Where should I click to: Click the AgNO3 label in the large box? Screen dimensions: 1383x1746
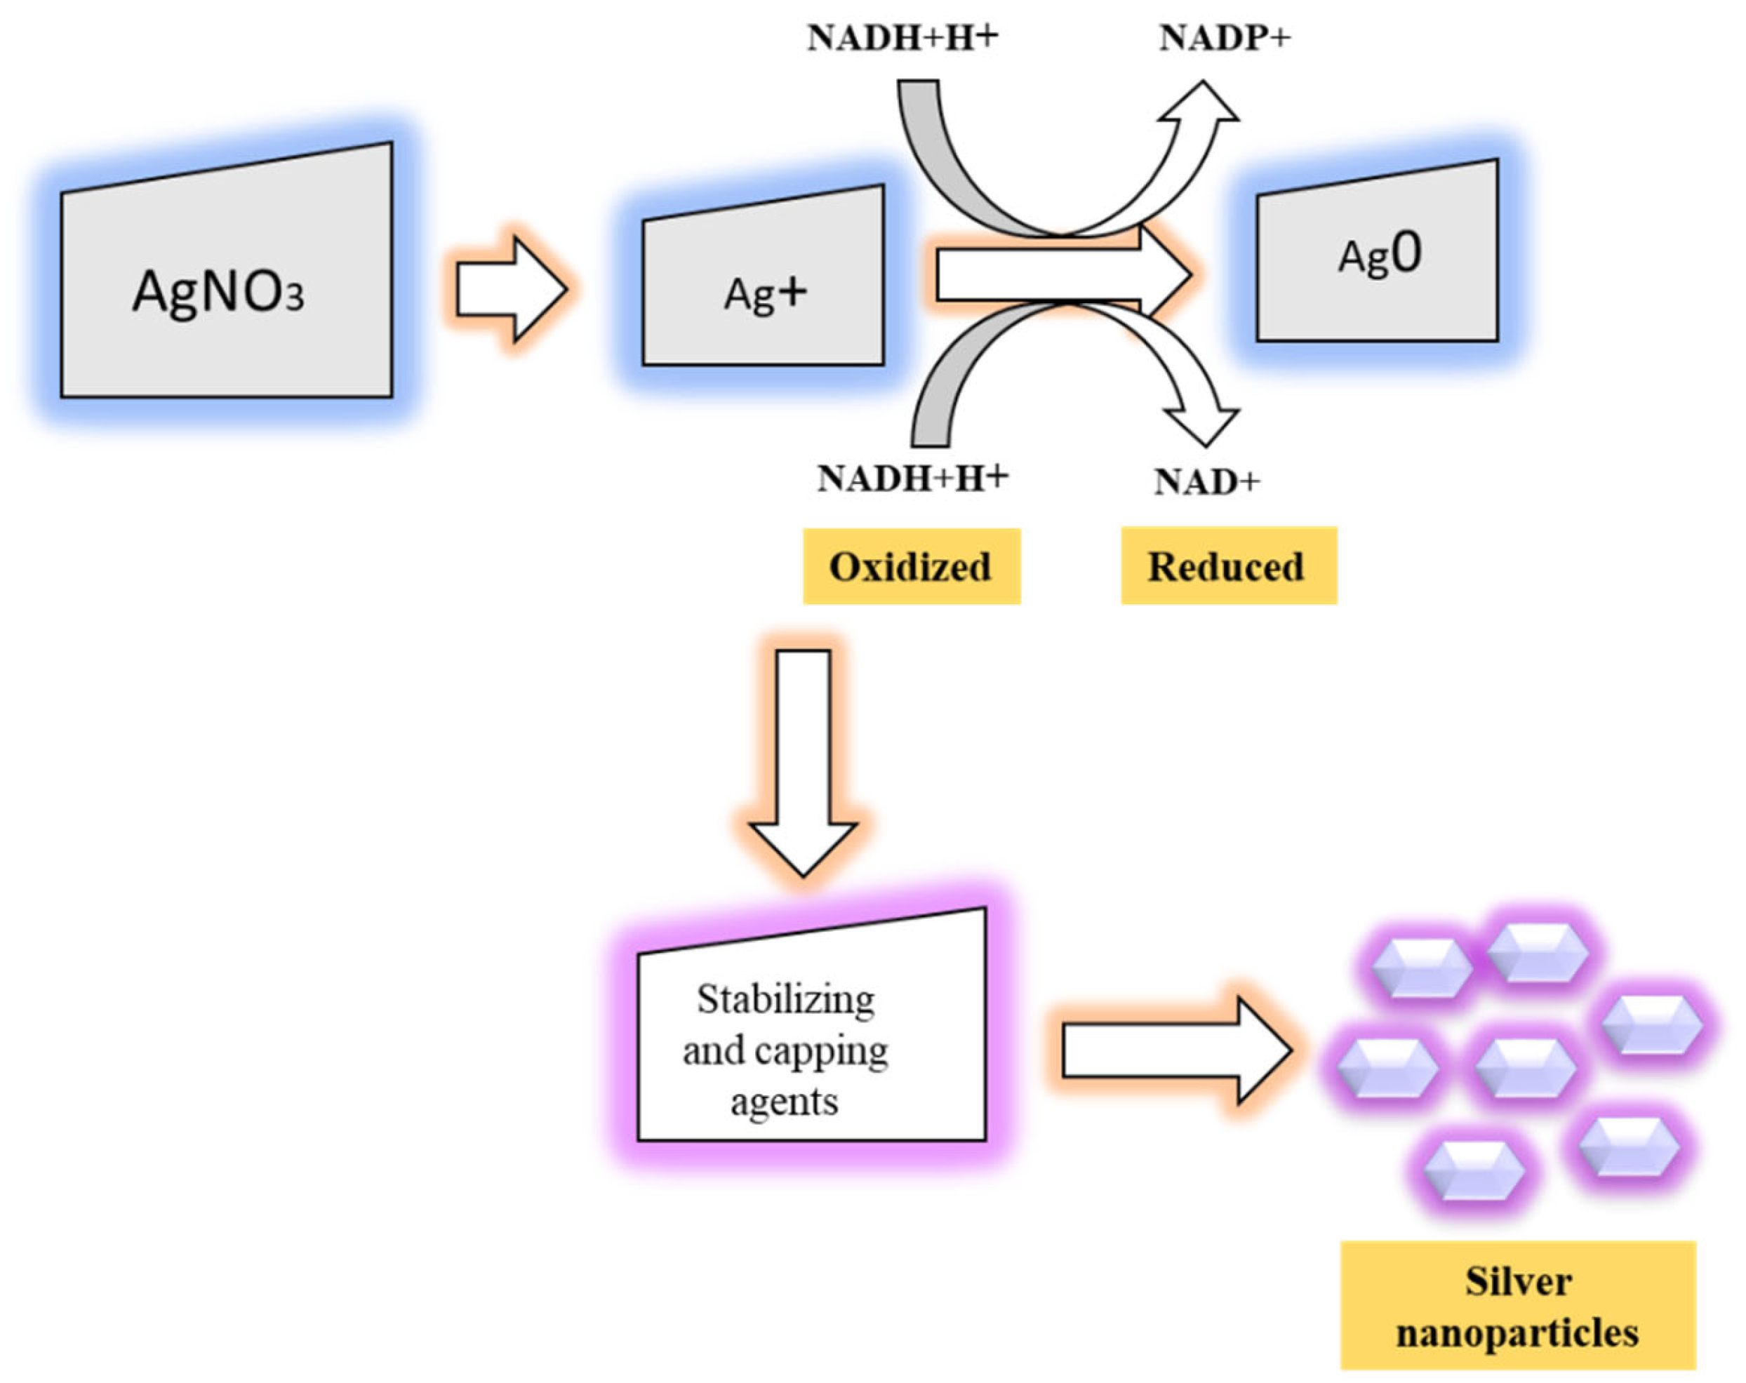pos(219,291)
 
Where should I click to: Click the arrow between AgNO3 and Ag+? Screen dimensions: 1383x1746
pos(510,288)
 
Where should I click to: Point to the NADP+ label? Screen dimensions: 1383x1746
pos(1224,38)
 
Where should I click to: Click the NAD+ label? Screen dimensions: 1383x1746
pos(1206,483)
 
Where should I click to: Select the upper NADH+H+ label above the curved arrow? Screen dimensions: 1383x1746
pos(902,38)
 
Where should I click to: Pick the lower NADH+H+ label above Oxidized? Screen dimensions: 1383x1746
pos(913,479)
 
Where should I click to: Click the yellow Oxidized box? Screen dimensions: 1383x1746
pos(911,567)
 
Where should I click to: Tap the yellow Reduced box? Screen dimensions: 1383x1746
pos(1227,567)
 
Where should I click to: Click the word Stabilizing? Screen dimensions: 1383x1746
pos(785,1000)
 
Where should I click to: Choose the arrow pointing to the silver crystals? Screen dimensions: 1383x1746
pos(1174,1050)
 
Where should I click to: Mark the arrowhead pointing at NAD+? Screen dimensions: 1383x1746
pos(1204,425)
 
